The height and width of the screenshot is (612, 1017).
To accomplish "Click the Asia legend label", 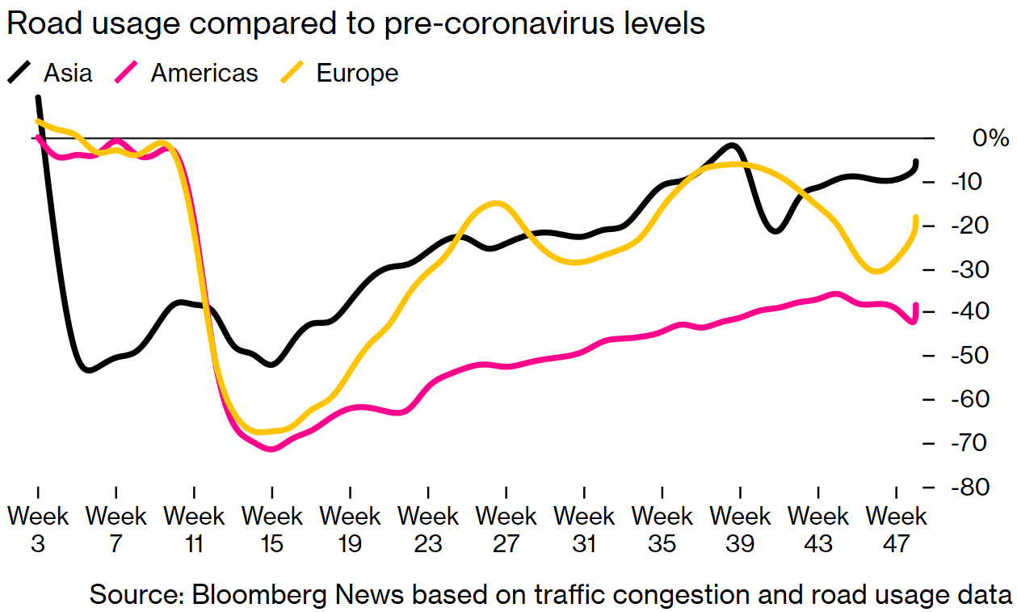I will [68, 73].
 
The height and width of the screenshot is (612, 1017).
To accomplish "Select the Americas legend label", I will [204, 73].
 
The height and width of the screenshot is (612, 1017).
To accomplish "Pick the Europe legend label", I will [357, 73].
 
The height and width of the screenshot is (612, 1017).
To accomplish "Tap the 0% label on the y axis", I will [990, 138].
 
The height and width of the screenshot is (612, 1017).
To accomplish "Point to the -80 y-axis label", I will [981, 487].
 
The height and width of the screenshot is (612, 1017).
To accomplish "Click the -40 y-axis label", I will [981, 312].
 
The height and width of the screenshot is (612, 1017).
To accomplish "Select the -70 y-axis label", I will [981, 444].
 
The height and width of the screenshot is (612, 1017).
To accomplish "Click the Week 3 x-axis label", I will [37, 530].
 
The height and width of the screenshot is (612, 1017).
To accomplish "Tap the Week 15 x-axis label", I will [272, 530].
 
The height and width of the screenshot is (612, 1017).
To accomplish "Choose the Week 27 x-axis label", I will [506, 530].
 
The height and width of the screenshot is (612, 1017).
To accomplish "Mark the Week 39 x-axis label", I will [741, 530].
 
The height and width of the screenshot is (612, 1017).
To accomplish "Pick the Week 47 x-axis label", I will [897, 530].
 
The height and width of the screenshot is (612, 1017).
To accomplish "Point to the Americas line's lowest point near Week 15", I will [271, 448].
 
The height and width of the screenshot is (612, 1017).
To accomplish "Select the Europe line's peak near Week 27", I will [498, 203].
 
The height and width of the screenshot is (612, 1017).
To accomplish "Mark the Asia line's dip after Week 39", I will [775, 231].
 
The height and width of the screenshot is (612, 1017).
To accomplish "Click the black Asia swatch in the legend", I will [20, 73].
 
